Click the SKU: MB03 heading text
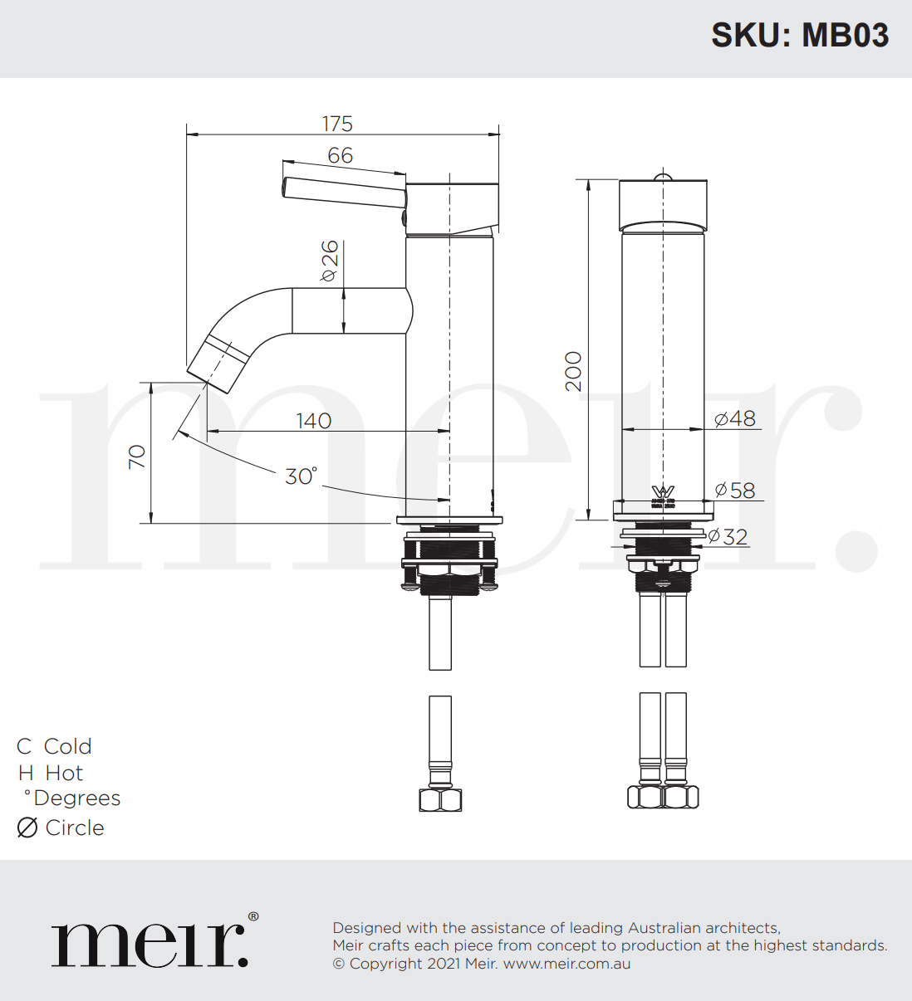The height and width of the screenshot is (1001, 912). (x=799, y=36)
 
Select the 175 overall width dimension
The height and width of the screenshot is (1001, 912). (x=337, y=124)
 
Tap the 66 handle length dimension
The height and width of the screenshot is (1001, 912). (x=340, y=155)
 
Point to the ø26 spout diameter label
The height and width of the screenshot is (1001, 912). (x=330, y=261)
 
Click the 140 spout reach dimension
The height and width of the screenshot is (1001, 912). (x=313, y=421)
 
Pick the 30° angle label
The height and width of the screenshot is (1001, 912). (x=301, y=476)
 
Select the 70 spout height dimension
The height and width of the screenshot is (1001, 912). (x=137, y=457)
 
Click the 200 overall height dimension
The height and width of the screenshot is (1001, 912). (x=574, y=371)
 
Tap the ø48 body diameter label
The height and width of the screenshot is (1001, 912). (x=735, y=419)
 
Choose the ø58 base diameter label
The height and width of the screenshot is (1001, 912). (x=735, y=491)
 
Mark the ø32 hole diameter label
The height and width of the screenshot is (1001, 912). (x=728, y=537)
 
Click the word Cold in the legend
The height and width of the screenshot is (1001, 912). (x=67, y=746)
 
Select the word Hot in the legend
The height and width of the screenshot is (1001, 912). (x=64, y=773)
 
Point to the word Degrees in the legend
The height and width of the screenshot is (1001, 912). (x=77, y=798)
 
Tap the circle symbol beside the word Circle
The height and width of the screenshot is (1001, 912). (x=27, y=828)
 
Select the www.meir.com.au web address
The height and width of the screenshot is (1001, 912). (x=566, y=964)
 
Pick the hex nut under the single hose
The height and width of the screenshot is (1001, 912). (x=440, y=799)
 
